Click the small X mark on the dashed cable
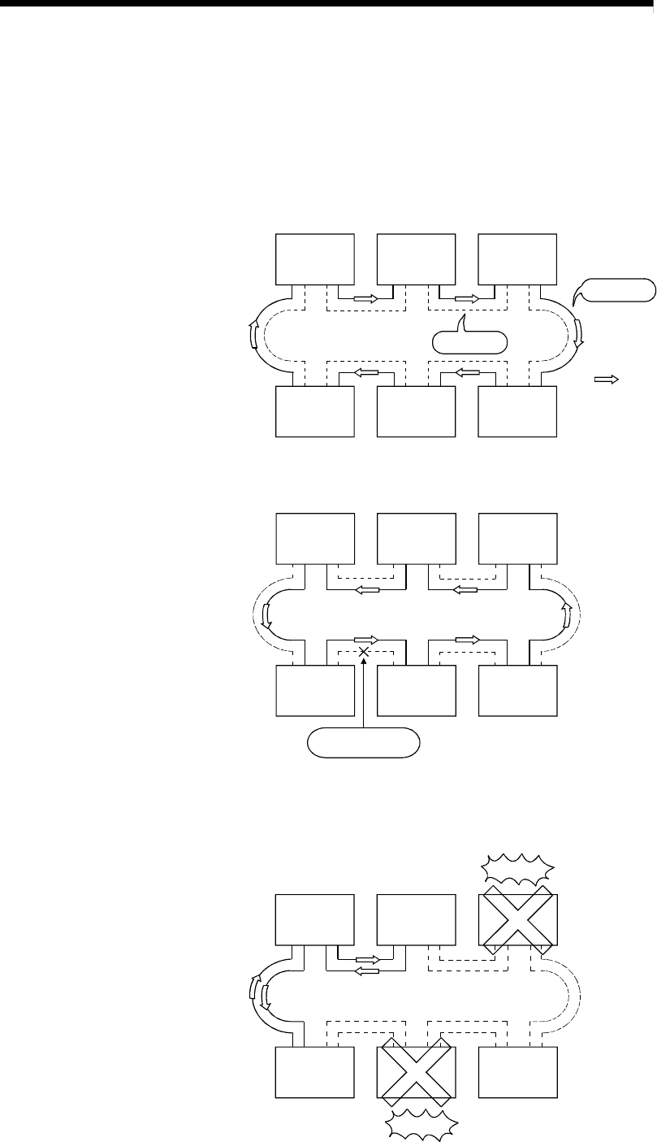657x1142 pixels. coord(365,652)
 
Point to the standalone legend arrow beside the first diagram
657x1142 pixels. coord(607,379)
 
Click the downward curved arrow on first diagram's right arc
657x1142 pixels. coord(577,332)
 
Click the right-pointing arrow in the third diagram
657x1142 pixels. coord(368,959)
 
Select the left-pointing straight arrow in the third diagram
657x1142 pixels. coord(368,970)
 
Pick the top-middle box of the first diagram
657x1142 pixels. coord(417,259)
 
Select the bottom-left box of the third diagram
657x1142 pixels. coord(315,1071)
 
